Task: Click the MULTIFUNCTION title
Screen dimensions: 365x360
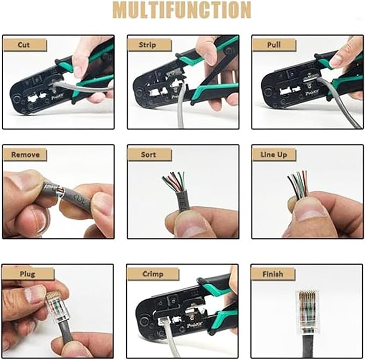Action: tap(182, 10)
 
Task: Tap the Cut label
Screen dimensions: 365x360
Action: tap(24, 45)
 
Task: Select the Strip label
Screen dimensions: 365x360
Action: tap(147, 45)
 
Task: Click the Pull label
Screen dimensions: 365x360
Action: tap(274, 45)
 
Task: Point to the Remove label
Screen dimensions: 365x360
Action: tap(25, 155)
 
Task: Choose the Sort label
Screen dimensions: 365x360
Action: tap(148, 154)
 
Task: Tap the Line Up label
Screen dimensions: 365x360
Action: tap(274, 155)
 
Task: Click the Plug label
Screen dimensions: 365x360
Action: tap(27, 274)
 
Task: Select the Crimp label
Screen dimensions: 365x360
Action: tap(153, 274)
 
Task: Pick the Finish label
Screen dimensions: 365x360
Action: tap(273, 274)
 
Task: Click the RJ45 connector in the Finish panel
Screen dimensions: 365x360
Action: tap(306, 312)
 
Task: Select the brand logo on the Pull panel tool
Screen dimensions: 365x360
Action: tap(312, 93)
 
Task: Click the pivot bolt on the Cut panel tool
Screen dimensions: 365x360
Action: tap(17, 100)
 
